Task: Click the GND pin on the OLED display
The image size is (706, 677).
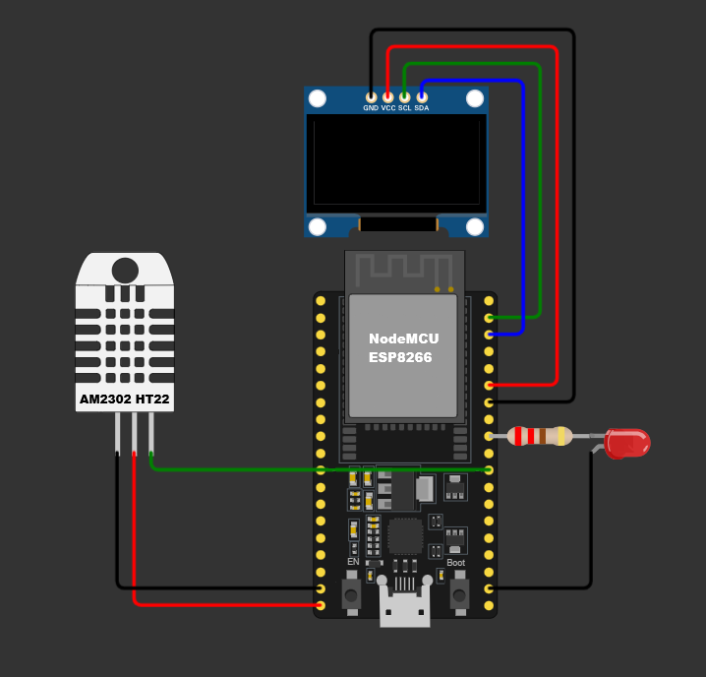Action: [371, 97]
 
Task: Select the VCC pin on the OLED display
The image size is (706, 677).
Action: [387, 97]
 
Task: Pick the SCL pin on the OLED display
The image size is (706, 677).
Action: [404, 97]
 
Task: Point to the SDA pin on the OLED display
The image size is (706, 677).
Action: [422, 97]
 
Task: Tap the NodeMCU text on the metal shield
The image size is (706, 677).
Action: [404, 338]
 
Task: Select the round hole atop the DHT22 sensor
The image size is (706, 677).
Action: [125, 270]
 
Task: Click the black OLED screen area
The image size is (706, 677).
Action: [396, 162]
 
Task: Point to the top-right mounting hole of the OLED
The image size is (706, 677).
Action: [475, 98]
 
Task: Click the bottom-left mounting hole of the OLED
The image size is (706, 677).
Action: [318, 227]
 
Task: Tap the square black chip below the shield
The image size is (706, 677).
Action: [405, 536]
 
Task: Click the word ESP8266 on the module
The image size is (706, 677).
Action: [400, 358]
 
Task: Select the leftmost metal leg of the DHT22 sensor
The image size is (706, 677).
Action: [117, 432]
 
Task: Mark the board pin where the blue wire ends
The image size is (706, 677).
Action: [490, 335]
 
